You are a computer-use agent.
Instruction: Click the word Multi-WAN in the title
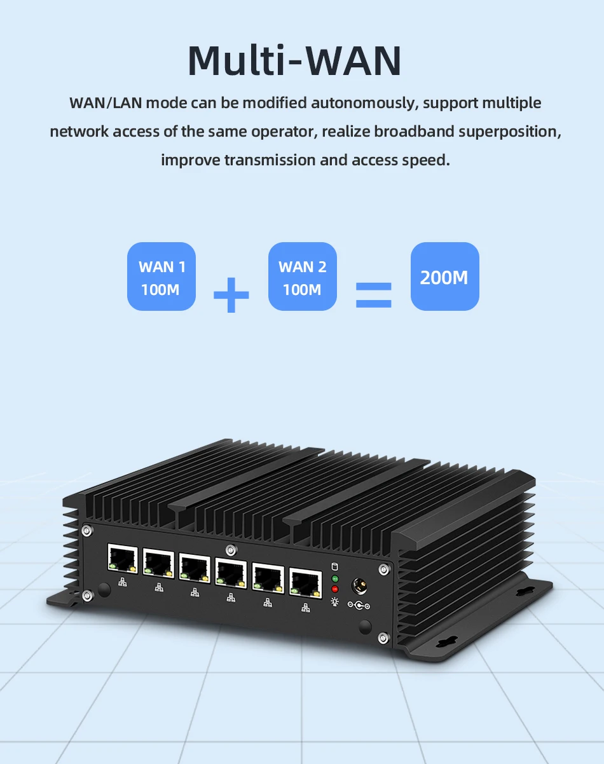pos(294,61)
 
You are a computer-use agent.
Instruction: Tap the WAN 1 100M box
pos(161,276)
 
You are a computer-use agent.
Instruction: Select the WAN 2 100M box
pos(302,276)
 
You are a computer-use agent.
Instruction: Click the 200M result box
pos(444,276)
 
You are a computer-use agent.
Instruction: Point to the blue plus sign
pos(231,294)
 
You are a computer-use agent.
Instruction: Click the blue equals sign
pos(373,294)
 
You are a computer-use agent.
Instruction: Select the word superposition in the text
pos(509,132)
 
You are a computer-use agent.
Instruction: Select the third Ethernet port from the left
pos(194,567)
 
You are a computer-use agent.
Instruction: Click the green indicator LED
pos(335,579)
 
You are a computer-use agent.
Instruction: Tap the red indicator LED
pos(335,589)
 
